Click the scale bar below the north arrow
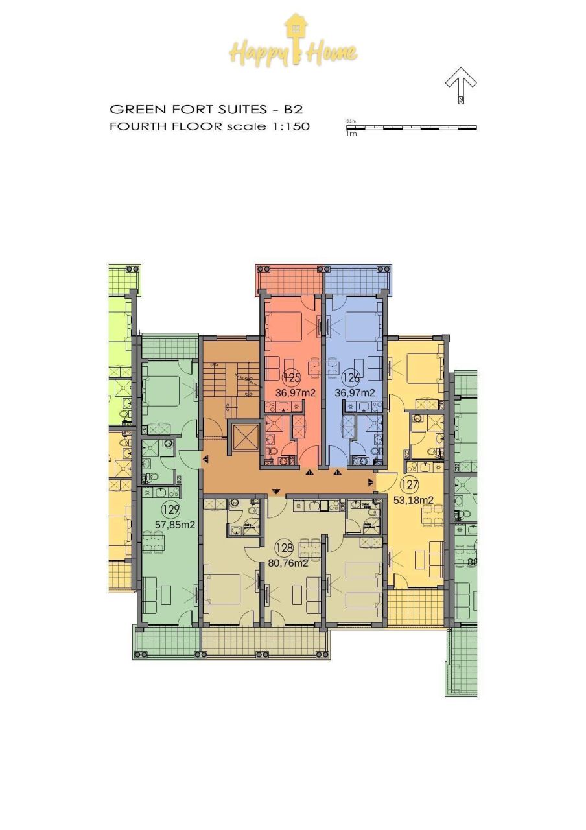coord(412,128)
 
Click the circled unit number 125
coord(290,377)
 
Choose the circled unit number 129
coord(171,510)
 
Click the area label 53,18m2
coord(414,499)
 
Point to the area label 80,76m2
coord(288,563)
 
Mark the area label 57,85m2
coord(175,525)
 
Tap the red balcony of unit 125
coord(290,279)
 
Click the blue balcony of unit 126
coord(357,279)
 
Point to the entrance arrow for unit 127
coord(372,482)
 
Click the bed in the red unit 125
coord(283,322)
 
